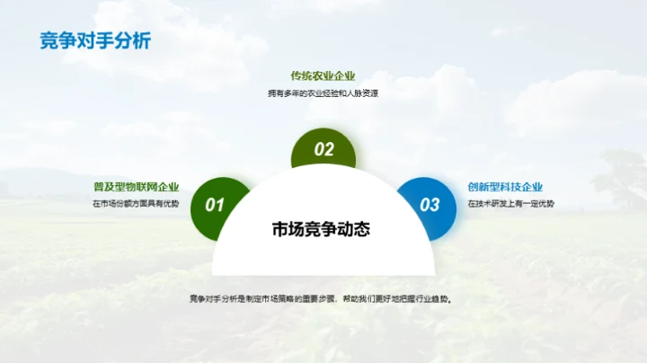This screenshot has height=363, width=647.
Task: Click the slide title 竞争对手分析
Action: (95, 40)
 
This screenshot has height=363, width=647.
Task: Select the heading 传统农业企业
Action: (323, 76)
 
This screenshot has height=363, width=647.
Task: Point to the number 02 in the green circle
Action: (323, 150)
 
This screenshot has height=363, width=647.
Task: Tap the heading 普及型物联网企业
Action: (136, 187)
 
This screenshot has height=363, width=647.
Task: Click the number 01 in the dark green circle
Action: (214, 205)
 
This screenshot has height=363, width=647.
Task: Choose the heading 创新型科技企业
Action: (505, 187)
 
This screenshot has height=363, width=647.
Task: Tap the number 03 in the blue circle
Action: (430, 205)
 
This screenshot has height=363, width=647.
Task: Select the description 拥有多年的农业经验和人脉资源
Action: (323, 93)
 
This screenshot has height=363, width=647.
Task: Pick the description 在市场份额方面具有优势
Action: (136, 204)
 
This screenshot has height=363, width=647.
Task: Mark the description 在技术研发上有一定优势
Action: (510, 204)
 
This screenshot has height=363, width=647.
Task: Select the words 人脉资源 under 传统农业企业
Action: (361, 93)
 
